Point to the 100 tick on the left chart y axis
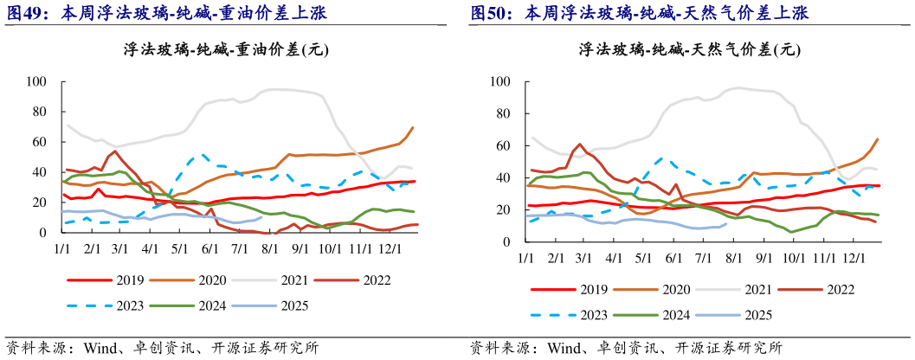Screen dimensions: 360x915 point(37,82)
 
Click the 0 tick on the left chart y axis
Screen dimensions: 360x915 point(44,233)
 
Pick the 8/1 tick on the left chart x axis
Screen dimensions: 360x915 point(269,249)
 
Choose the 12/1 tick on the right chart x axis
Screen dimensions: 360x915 point(854,259)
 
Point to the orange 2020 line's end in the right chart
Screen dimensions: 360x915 point(879,138)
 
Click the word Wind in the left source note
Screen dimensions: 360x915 point(100,348)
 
